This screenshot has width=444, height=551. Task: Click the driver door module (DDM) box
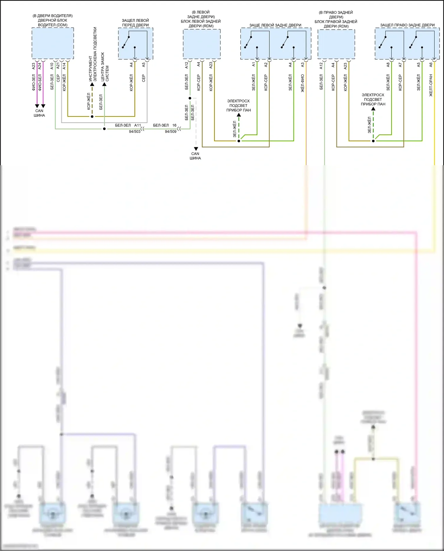tap(53, 43)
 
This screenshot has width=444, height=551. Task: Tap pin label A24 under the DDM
tap(40, 66)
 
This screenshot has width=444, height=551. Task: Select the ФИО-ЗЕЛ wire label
tap(34, 82)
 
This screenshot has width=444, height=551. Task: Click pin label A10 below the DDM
tap(52, 66)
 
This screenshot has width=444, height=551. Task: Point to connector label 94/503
tap(135, 131)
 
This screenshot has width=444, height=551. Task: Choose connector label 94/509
tap(170, 131)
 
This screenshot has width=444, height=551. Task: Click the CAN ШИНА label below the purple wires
tap(39, 113)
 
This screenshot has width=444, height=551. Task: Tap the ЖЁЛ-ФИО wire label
tap(303, 83)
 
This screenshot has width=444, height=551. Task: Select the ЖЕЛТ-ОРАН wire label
tap(431, 85)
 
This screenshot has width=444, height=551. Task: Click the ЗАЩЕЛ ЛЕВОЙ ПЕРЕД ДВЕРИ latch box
tap(136, 44)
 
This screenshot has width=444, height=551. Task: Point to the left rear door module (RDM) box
tap(202, 44)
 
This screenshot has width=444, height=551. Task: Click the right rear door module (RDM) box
tap(336, 44)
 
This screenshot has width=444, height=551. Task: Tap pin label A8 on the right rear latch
tap(388, 64)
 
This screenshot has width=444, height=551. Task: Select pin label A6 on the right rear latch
tap(431, 64)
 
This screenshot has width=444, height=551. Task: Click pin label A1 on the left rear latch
tap(254, 64)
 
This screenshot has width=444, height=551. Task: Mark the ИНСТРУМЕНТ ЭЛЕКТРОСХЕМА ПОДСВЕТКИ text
tap(93, 54)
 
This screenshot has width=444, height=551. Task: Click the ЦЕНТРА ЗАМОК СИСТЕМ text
tap(105, 67)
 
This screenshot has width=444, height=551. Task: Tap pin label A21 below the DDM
tap(58, 66)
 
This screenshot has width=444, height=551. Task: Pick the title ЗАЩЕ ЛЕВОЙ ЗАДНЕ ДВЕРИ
tap(275, 25)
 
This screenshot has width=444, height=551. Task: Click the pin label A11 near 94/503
tap(138, 125)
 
